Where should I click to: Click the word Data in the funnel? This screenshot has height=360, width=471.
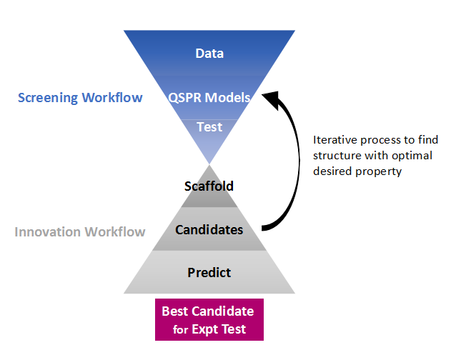(x=209, y=54)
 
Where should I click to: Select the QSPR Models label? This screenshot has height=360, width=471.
(x=209, y=97)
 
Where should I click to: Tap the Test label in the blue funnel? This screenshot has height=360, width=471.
(x=209, y=127)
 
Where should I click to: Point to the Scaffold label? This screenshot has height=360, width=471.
(x=209, y=186)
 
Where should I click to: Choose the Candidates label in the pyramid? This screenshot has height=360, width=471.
(x=209, y=230)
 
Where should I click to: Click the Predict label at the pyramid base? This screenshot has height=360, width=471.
(x=209, y=272)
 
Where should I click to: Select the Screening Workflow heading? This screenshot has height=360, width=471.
(x=80, y=97)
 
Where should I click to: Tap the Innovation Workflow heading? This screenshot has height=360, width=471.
(x=80, y=231)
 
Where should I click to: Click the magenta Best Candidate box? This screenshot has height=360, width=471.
(x=209, y=319)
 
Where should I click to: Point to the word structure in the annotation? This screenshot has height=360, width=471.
(x=337, y=155)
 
